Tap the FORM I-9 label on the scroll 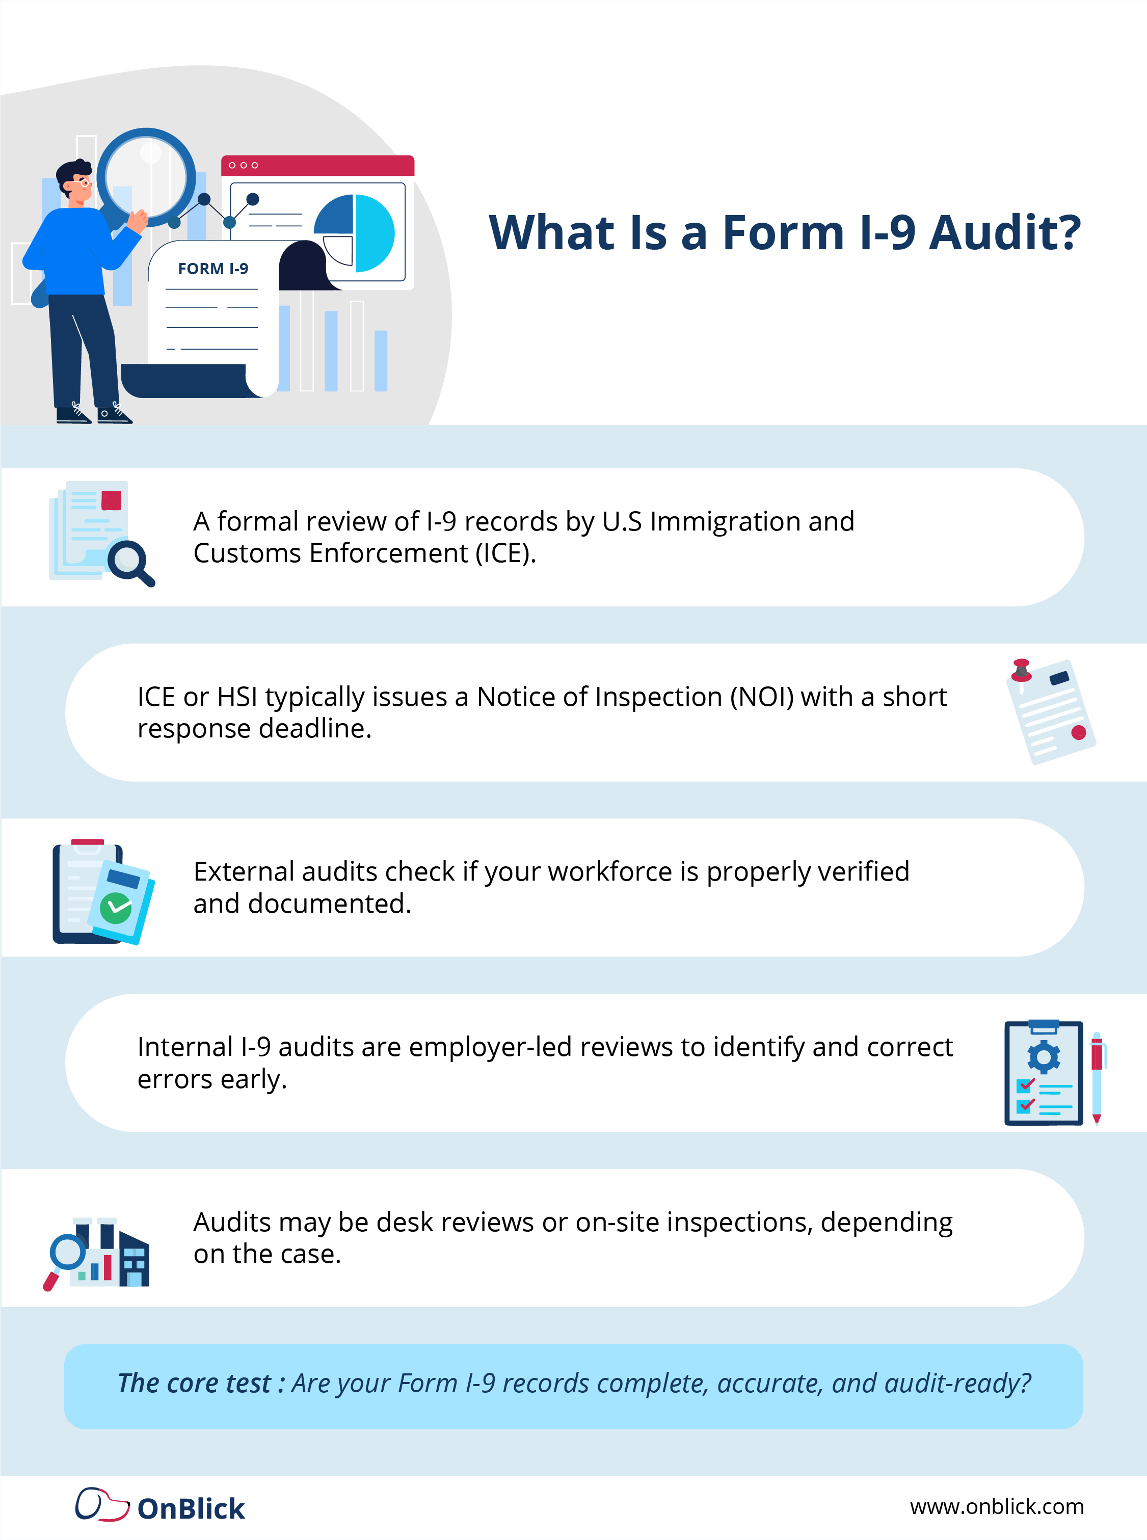click(212, 269)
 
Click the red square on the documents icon click(111, 500)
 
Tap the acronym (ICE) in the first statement click(505, 553)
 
